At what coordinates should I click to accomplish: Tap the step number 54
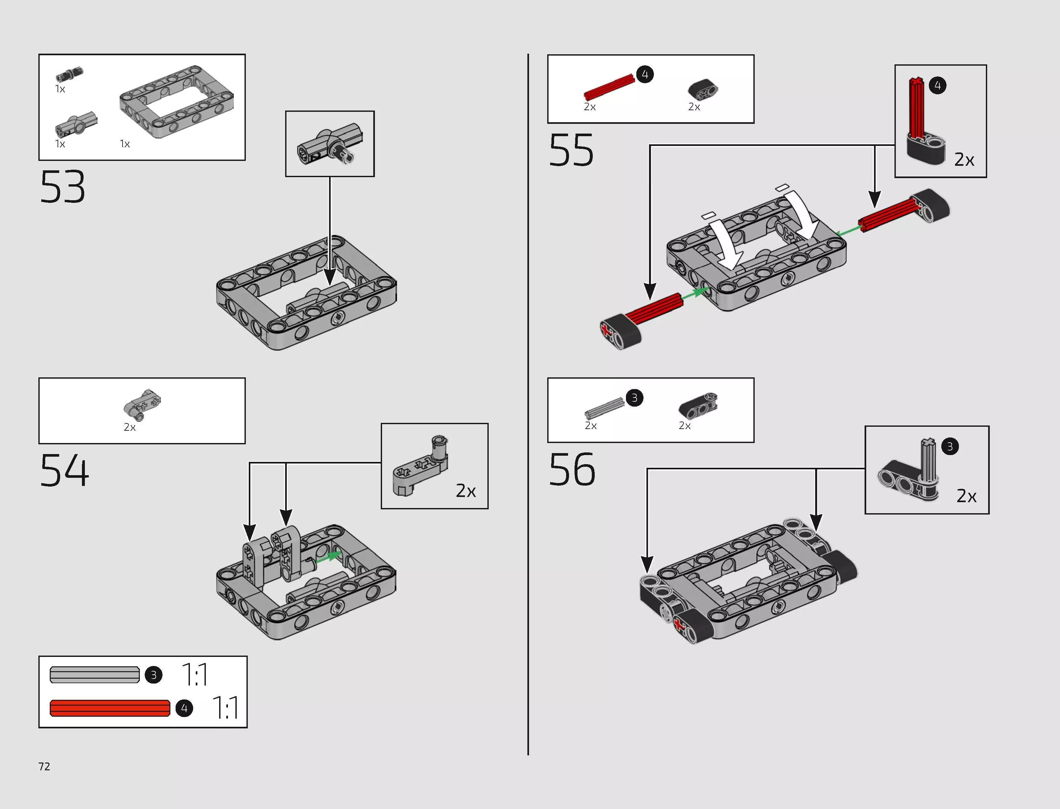[x=64, y=470]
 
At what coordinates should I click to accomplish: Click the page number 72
[x=44, y=767]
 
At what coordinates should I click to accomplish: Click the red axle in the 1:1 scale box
[x=110, y=708]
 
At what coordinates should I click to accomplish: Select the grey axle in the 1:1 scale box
[x=94, y=675]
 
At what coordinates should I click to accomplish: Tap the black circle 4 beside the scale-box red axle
[x=184, y=708]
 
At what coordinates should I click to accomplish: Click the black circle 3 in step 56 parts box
[x=634, y=398]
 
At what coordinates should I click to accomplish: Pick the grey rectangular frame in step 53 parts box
[x=177, y=102]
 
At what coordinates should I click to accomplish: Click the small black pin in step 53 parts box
[x=69, y=74]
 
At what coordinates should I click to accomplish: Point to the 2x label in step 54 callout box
[x=466, y=491]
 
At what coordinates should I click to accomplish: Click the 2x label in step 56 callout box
[x=966, y=496]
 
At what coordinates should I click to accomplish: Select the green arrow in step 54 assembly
[x=330, y=557]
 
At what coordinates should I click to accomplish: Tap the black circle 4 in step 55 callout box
[x=937, y=86]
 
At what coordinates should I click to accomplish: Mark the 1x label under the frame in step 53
[x=125, y=144]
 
